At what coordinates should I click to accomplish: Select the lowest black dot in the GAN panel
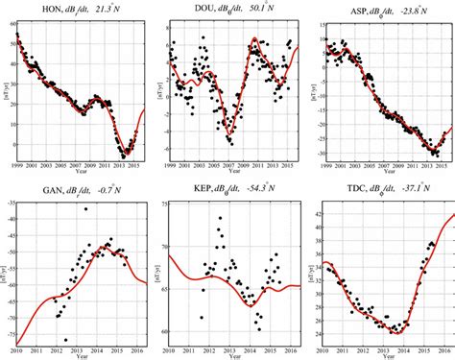[x=65, y=339]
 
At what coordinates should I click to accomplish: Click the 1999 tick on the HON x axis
[x=17, y=168]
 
